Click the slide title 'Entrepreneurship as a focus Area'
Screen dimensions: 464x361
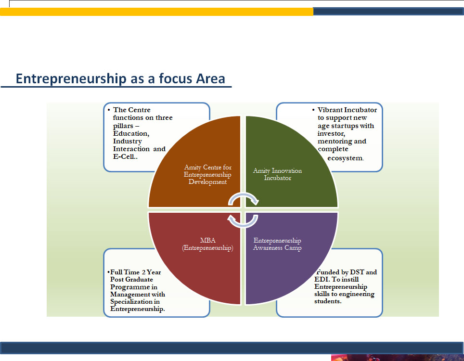pos(120,79)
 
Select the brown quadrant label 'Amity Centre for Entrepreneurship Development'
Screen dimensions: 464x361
pos(207,175)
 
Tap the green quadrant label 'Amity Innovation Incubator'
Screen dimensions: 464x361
pos(278,174)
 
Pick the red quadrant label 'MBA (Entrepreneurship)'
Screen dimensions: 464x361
pos(208,244)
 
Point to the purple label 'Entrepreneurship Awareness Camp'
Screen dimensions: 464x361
pos(277,244)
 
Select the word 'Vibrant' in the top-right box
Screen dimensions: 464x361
pos(329,110)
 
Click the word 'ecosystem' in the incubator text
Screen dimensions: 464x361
pos(345,158)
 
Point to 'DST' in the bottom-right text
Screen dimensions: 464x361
pos(357,272)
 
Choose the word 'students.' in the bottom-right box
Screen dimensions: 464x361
pos(328,301)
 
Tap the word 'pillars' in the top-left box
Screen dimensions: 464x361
pos(123,126)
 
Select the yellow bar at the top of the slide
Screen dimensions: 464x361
pos(156,12)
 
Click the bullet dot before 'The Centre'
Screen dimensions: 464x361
pos(109,110)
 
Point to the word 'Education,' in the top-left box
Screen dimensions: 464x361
pos(131,133)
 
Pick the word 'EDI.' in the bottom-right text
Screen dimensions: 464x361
pos(322,279)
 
